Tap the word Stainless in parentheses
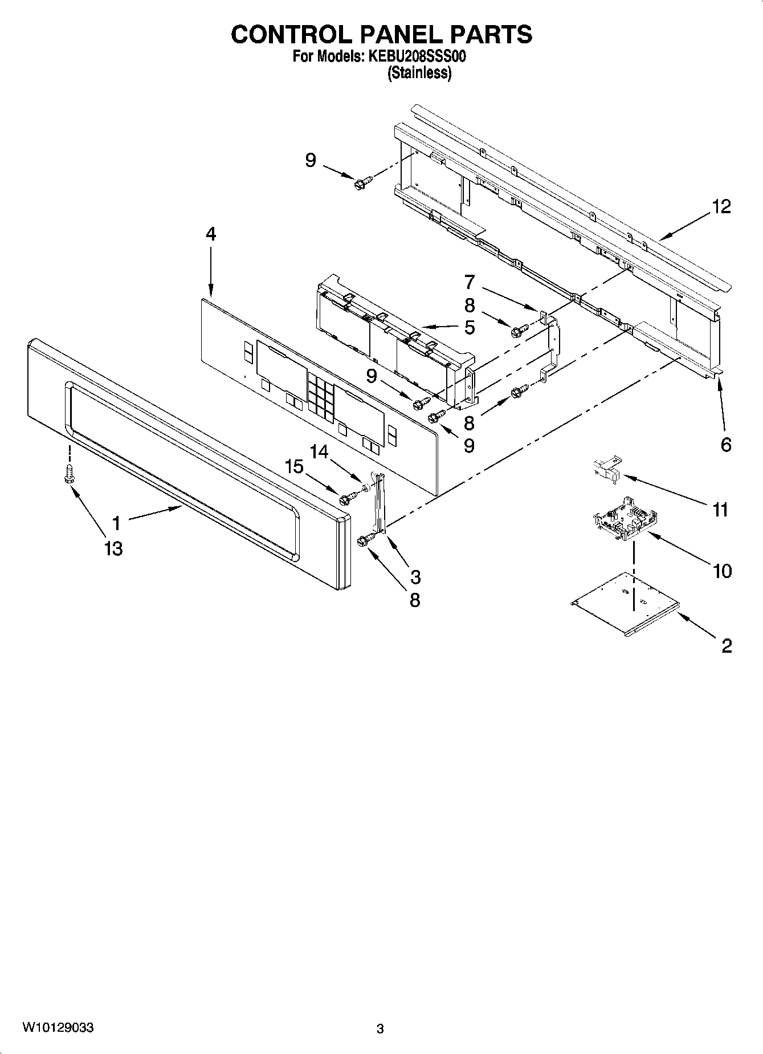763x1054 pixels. point(419,73)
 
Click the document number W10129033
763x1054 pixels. point(58,1027)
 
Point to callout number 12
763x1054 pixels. point(721,206)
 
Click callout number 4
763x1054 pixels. point(211,234)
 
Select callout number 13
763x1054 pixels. point(113,548)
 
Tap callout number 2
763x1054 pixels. point(726,646)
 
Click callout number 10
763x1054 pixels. point(722,571)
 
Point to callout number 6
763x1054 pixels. point(725,445)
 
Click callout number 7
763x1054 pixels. point(469,282)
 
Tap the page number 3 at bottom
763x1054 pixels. point(380,1029)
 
